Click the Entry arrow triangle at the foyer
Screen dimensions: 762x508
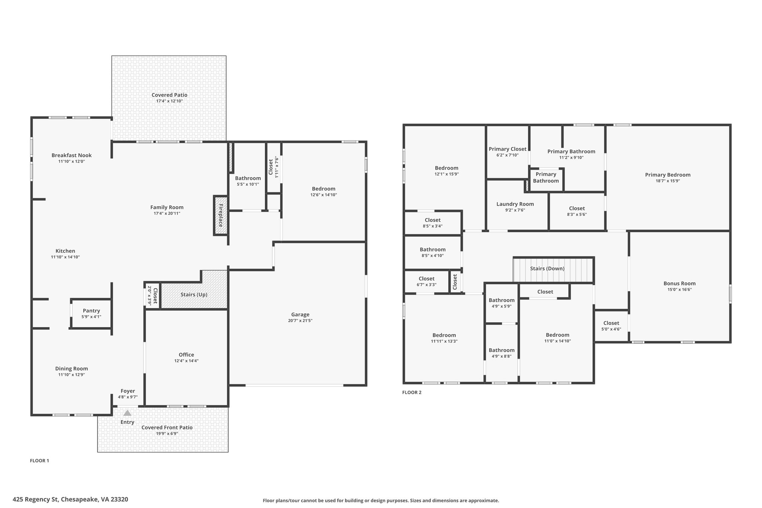pyautogui.click(x=127, y=413)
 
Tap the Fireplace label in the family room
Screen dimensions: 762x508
pyautogui.click(x=221, y=215)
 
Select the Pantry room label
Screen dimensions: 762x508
pyautogui.click(x=91, y=311)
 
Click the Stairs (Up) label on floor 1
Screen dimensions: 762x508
pyautogui.click(x=194, y=294)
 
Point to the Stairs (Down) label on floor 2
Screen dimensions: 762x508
pyautogui.click(x=547, y=268)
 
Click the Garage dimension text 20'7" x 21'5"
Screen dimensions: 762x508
pyautogui.click(x=300, y=320)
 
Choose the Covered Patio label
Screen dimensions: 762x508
pyautogui.click(x=169, y=95)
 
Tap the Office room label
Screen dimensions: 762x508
pyautogui.click(x=186, y=355)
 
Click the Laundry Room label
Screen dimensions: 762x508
pyautogui.click(x=515, y=204)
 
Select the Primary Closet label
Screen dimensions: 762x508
pyautogui.click(x=508, y=149)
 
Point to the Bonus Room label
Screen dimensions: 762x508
pyautogui.click(x=679, y=283)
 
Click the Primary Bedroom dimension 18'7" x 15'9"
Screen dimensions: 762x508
pyautogui.click(x=667, y=181)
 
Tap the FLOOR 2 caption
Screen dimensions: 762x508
pyautogui.click(x=412, y=392)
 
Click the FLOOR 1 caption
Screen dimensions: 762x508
pyautogui.click(x=39, y=461)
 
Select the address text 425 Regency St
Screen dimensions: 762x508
pyautogui.click(x=36, y=499)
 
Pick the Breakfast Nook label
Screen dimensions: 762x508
pyautogui.click(x=71, y=155)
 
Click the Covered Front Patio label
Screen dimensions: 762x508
pyautogui.click(x=167, y=427)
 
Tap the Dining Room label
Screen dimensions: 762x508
pyautogui.click(x=71, y=368)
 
